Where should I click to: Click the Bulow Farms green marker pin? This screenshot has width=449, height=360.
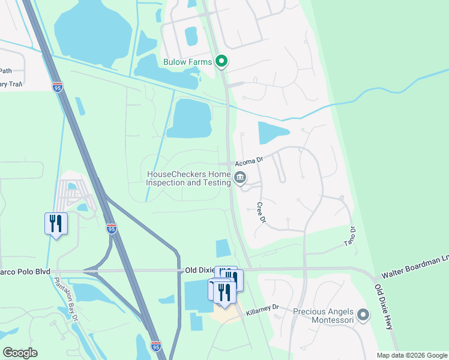click(x=221, y=61)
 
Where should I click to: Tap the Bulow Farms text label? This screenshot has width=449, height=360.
click(x=188, y=61)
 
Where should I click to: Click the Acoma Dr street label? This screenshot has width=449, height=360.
click(x=249, y=161)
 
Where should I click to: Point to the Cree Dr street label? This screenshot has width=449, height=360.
click(x=261, y=212)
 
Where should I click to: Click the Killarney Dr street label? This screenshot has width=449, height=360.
click(x=263, y=307)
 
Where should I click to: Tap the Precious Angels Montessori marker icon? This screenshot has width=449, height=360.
click(x=363, y=314)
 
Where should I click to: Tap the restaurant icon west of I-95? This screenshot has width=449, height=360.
click(x=56, y=224)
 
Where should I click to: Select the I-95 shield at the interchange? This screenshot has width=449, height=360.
click(x=112, y=228)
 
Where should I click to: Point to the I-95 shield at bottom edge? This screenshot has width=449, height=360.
click(x=156, y=346)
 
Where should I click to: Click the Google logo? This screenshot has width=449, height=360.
click(x=20, y=353)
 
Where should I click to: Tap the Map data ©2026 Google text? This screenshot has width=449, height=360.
click(x=411, y=355)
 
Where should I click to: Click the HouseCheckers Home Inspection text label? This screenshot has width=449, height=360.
click(x=188, y=178)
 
